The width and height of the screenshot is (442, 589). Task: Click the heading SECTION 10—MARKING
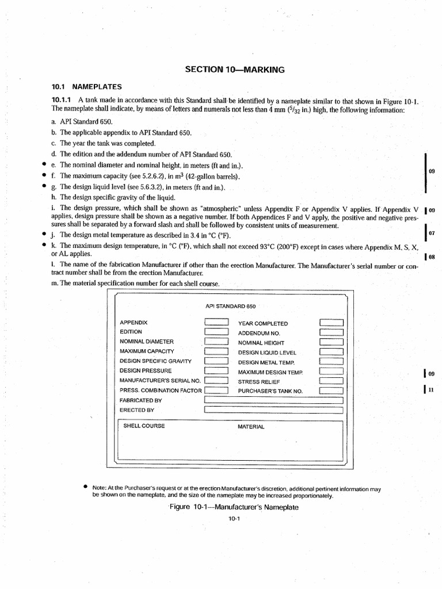tap(235, 69)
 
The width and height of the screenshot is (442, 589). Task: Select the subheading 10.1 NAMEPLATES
tap(87, 87)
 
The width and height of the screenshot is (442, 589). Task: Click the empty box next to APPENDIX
tap(217, 322)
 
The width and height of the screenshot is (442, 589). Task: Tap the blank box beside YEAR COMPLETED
tap(331, 323)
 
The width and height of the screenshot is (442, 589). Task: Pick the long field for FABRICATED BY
tap(274, 400)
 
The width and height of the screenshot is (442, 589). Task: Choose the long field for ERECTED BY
tap(274, 410)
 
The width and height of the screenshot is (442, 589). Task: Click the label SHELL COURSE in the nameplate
tap(144, 426)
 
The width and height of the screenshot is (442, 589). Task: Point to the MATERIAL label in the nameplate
tap(251, 427)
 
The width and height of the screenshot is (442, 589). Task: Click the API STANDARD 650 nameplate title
tap(230, 306)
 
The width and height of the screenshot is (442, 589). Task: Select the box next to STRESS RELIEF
tap(331, 380)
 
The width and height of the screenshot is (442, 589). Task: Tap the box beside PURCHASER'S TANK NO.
tap(331, 391)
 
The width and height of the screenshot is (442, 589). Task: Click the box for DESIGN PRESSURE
tap(217, 370)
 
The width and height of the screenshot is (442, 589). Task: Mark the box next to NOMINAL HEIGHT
tap(331, 342)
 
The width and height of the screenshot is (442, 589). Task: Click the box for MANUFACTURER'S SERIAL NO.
tap(217, 380)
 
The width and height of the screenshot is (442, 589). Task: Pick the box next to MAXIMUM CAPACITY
tap(217, 351)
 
